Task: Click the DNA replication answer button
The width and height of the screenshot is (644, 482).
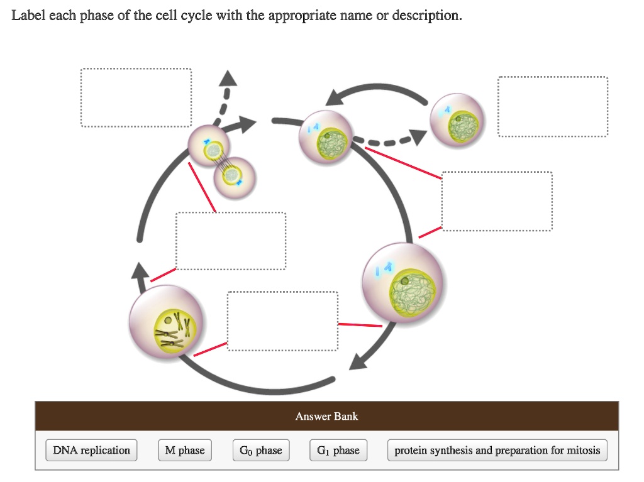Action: pyautogui.click(x=91, y=450)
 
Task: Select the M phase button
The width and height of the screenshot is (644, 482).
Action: pyautogui.click(x=184, y=450)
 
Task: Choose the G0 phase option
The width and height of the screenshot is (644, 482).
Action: pyautogui.click(x=261, y=450)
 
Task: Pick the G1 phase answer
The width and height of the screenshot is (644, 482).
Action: pyautogui.click(x=338, y=450)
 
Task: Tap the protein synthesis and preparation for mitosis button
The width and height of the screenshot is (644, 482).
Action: pyautogui.click(x=497, y=450)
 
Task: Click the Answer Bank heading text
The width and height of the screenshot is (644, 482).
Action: pyautogui.click(x=326, y=416)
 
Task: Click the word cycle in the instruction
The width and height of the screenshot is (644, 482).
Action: pyautogui.click(x=197, y=15)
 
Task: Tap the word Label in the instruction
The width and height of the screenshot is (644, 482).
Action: pyautogui.click(x=28, y=15)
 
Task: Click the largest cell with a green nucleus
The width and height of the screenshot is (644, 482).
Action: pyautogui.click(x=404, y=283)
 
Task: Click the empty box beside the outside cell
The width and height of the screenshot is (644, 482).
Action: pyautogui.click(x=553, y=106)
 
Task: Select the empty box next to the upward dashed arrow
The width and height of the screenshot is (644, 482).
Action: pyautogui.click(x=136, y=97)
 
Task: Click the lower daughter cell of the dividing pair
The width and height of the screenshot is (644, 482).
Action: pyautogui.click(x=235, y=177)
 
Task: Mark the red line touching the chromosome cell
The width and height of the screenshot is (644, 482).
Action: pyautogui.click(x=210, y=349)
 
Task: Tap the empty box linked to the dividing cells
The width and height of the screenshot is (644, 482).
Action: pyautogui.click(x=230, y=241)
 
